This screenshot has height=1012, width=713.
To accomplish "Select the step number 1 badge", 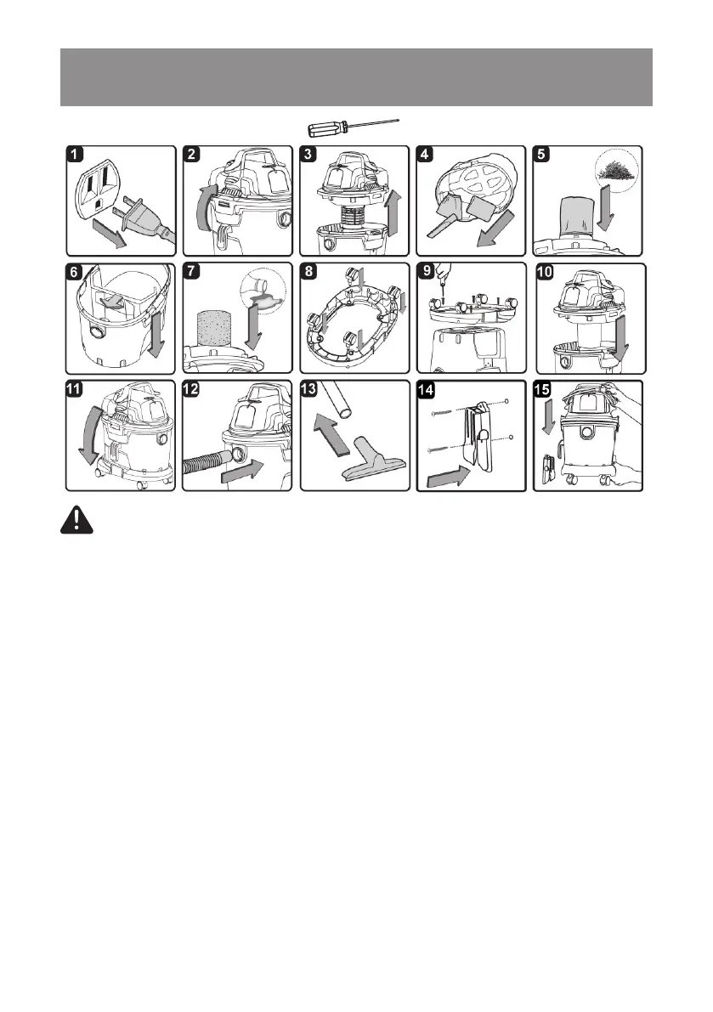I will click(76, 155).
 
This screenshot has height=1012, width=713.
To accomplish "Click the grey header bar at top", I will click(356, 77).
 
